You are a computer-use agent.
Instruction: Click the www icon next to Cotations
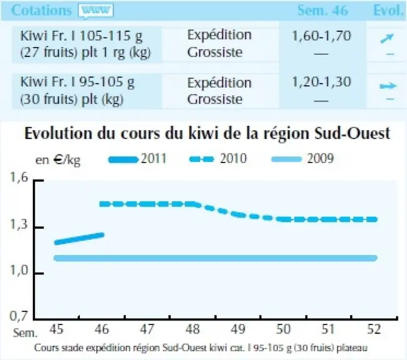96,11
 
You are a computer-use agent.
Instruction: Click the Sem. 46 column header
323,11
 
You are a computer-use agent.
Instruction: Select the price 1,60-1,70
321,36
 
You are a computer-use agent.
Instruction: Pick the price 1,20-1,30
321,82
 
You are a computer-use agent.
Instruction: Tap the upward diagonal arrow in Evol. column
387,38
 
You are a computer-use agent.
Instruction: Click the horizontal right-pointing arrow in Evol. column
388,86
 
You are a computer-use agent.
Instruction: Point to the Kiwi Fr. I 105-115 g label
81,36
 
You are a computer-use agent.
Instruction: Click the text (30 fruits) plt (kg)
72,99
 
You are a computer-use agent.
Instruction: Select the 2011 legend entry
138,159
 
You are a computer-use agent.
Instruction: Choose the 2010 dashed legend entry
218,159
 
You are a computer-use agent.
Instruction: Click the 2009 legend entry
303,159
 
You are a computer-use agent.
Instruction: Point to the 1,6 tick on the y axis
19,177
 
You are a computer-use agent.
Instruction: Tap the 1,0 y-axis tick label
19,271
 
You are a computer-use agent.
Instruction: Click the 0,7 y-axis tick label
19,316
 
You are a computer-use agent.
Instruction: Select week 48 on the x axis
193,329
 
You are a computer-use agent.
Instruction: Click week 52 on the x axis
374,329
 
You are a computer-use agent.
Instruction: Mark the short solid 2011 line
79,239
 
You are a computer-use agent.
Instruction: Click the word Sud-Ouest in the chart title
352,133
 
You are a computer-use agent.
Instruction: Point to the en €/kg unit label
58,160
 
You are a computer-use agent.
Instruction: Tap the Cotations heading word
41,11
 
